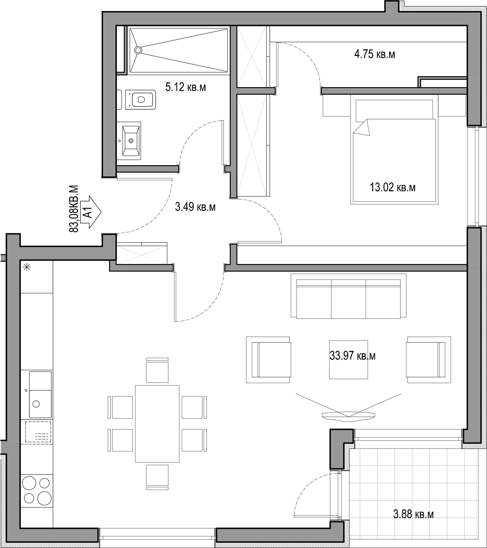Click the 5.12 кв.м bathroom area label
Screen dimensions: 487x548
pyautogui.click(x=186, y=87)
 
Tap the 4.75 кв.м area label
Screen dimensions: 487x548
pyautogui.click(x=375, y=54)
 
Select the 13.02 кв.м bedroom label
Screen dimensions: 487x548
pyautogui.click(x=392, y=187)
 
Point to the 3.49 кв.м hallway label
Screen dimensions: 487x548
pyautogui.click(x=195, y=207)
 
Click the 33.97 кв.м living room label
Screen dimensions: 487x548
pyautogui.click(x=352, y=356)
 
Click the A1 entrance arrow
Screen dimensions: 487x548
pyautogui.click(x=91, y=212)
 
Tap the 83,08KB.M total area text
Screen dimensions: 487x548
pyautogui.click(x=74, y=209)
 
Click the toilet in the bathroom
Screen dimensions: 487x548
pyautogui.click(x=140, y=100)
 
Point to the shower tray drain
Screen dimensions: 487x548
pyautogui.click(x=138, y=50)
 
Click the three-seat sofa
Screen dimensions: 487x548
pyautogui.click(x=349, y=296)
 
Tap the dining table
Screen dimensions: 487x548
pyautogui.click(x=157, y=424)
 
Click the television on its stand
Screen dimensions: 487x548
pyautogui.click(x=348, y=415)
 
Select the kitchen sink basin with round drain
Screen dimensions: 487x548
pyautogui.click(x=40, y=404)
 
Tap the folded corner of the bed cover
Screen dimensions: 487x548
pyautogui.click(x=362, y=128)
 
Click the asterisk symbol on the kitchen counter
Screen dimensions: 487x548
pyautogui.click(x=27, y=267)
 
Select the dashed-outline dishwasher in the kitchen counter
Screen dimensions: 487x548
pyautogui.click(x=38, y=432)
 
